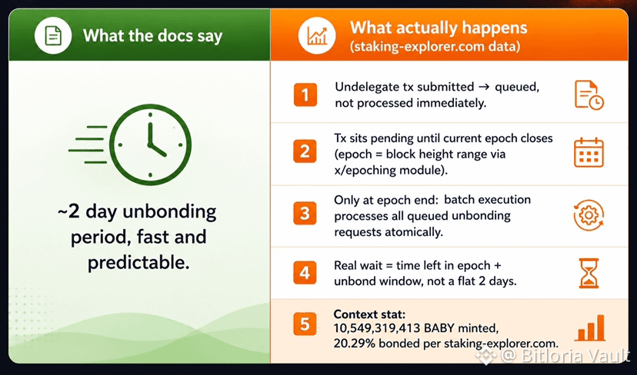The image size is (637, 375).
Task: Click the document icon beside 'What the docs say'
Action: click(53, 35)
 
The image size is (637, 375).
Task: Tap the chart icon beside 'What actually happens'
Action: click(317, 35)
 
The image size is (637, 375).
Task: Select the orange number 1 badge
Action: click(305, 95)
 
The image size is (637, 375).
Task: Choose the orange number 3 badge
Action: click(305, 213)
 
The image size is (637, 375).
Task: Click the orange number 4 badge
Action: click(305, 272)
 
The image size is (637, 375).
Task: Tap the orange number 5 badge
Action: click(305, 324)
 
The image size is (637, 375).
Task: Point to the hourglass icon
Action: click(589, 273)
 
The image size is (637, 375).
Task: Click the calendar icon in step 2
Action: click(589, 153)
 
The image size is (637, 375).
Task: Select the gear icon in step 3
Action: click(589, 215)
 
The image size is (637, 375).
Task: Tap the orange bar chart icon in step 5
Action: click(589, 327)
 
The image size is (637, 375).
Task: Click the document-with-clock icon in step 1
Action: click(589, 95)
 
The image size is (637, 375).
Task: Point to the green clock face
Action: click(150, 145)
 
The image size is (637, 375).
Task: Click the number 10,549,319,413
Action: click(375, 327)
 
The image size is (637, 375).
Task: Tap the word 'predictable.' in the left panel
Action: click(138, 263)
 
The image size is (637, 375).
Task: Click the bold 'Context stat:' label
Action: click(369, 314)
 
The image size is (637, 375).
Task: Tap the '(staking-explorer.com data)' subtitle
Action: click(435, 46)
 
